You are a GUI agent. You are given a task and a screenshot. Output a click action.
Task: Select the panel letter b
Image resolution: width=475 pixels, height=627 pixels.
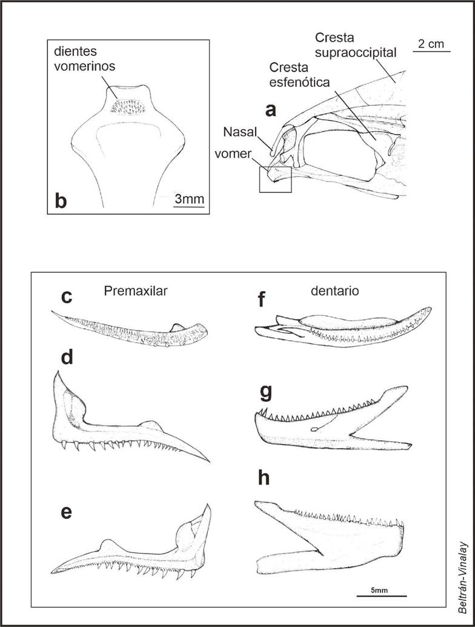[x=61, y=201]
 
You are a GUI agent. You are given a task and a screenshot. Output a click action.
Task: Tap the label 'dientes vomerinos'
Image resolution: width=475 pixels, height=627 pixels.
[x=81, y=56]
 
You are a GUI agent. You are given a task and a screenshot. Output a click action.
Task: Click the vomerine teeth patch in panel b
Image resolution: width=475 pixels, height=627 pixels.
[x=126, y=107]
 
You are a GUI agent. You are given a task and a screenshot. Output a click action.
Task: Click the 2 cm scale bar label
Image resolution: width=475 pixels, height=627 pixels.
[x=431, y=43]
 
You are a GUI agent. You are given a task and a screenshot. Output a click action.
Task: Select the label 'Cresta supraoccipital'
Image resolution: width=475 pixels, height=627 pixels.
[x=356, y=44]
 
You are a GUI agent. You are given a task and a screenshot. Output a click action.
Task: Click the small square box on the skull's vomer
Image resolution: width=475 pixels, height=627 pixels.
[x=275, y=180]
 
